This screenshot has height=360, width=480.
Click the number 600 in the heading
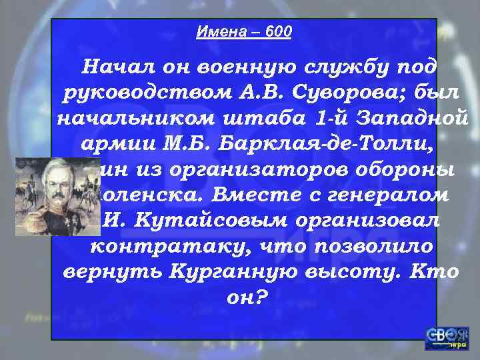(278, 32)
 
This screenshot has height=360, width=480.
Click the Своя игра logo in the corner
(447, 338)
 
